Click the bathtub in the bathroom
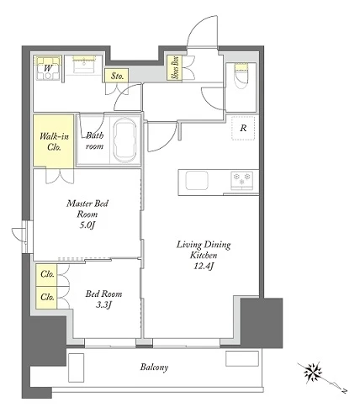pos(124,140)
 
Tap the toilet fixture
pos(241,75)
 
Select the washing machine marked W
pos(48,68)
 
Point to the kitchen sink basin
pos(198,181)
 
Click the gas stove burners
pos(241,180)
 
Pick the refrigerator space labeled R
pos(243,128)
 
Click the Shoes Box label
pos(175,67)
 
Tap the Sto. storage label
pos(117,76)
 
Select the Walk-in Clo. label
pos(54,141)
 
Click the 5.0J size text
pos(87,225)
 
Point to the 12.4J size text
pos(204,266)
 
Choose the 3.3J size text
pos(103,304)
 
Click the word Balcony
pos(154,367)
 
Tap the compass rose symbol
pos(312,373)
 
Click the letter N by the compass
pos(344,390)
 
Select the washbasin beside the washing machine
pos(83,66)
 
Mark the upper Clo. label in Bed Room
pos(47,274)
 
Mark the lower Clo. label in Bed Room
pos(47,297)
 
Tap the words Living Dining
pos(204,245)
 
